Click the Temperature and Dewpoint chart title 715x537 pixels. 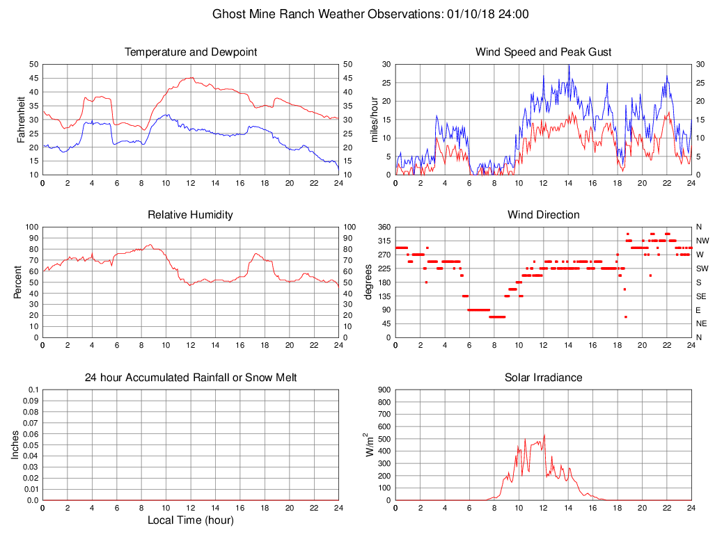coord(190,52)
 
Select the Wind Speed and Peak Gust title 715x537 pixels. coord(543,52)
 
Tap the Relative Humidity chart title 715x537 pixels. coord(190,215)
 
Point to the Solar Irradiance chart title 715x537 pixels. coord(543,378)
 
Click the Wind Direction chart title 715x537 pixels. coord(543,215)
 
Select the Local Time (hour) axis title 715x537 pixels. coord(190,520)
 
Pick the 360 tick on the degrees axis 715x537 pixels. coord(382,227)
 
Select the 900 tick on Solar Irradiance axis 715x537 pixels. coord(382,390)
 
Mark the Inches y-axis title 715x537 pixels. coord(15,444)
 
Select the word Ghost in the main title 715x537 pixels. coord(228,14)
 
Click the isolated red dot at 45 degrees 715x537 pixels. coord(626,316)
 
